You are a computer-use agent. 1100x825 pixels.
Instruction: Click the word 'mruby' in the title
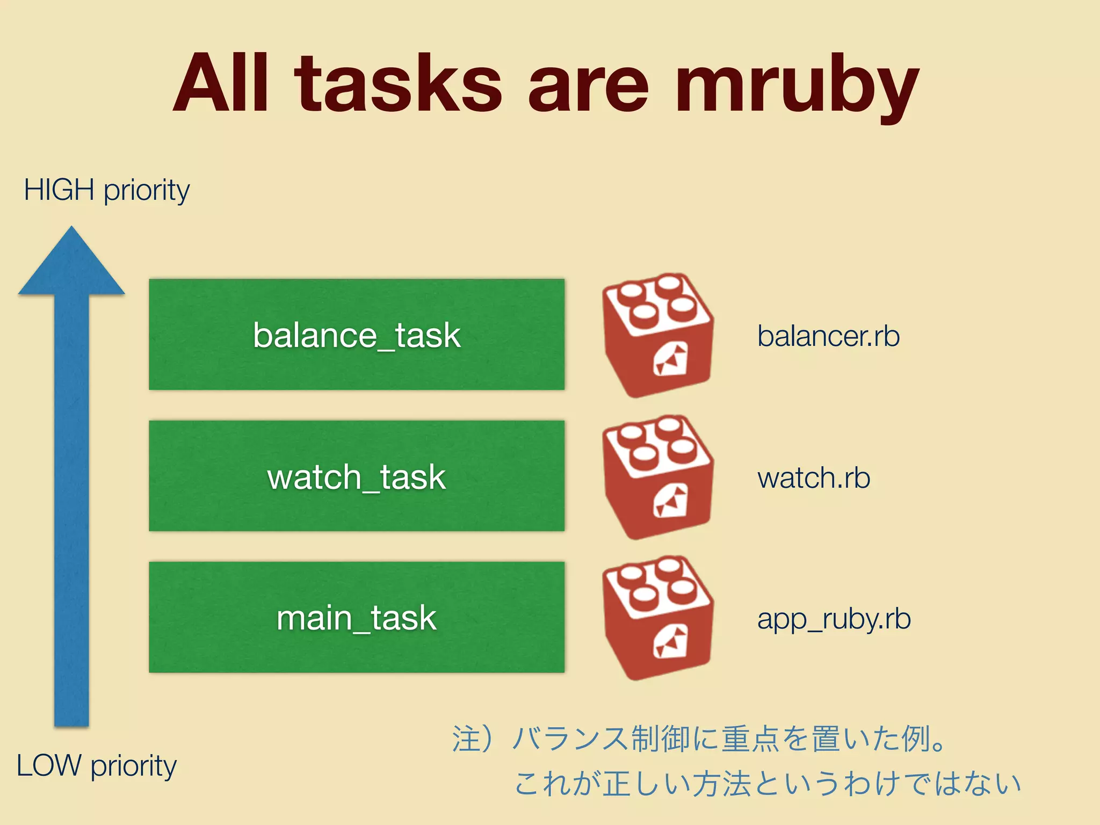coord(797,86)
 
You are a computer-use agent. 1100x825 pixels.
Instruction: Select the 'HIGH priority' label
coord(106,191)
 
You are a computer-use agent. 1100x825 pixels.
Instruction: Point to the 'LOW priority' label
coord(97,766)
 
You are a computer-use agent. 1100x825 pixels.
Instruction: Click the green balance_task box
coord(357,335)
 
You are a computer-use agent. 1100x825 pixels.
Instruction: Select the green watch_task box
coord(357,476)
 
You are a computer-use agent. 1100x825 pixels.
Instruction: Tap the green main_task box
coord(357,617)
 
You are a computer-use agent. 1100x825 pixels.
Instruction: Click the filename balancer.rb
coord(828,336)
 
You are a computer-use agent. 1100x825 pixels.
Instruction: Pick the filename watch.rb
coord(813,478)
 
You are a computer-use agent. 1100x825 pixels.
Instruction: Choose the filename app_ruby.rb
coord(834,619)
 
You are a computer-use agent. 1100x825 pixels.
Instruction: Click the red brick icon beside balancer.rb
coord(658,335)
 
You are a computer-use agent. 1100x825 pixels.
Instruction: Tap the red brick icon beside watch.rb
coord(658,477)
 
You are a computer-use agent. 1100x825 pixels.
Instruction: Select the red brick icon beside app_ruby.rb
coord(658,618)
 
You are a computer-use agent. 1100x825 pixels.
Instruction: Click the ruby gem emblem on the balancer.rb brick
coord(671,360)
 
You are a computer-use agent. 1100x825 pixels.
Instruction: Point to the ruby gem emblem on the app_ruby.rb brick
coord(671,642)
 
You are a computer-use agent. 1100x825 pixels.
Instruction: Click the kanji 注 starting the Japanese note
coord(466,739)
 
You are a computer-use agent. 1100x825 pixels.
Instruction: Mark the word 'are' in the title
coord(588,86)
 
